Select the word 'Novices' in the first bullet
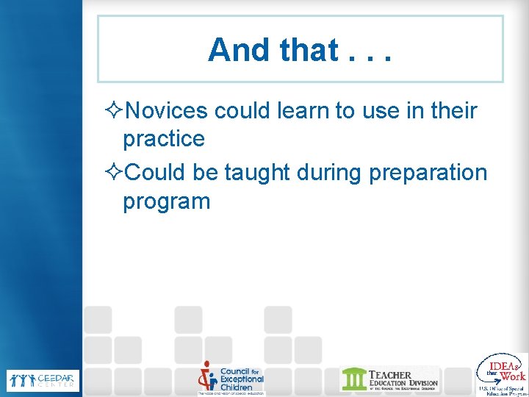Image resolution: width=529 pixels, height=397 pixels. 166,111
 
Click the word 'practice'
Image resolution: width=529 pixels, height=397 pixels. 163,138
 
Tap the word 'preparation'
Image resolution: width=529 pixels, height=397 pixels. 428,172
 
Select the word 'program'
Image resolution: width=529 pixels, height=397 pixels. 166,200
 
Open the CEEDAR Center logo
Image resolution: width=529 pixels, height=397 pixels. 41,379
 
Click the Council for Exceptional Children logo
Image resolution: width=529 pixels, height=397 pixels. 230,379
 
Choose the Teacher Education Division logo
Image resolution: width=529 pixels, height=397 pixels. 389,379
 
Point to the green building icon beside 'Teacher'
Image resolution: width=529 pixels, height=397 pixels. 353,379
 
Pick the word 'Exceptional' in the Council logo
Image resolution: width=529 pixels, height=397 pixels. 242,379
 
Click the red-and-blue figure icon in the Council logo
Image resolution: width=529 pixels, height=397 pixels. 207,377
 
